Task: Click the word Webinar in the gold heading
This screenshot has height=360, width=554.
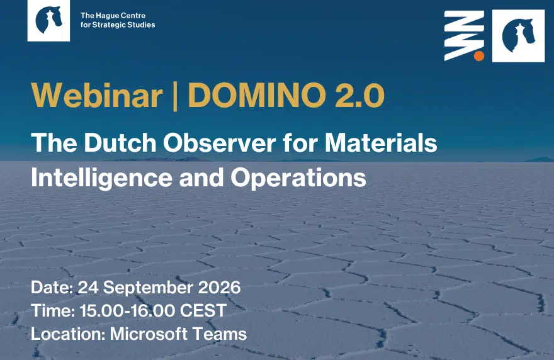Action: point(97,96)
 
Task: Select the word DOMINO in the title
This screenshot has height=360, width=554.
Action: point(256,96)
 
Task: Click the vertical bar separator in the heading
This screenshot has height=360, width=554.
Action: point(175,96)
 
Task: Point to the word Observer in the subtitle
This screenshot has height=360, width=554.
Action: point(219,143)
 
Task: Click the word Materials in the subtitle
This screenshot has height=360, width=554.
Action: point(381,143)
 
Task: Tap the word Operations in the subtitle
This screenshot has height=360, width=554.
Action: point(298,177)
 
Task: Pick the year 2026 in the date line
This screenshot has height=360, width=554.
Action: point(219,287)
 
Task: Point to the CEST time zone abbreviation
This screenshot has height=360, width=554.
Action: point(203,310)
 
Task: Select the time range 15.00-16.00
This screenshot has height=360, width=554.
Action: point(127,310)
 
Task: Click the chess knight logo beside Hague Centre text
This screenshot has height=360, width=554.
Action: point(48,21)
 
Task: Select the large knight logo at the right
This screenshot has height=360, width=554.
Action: point(518,36)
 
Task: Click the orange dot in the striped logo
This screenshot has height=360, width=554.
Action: point(478,56)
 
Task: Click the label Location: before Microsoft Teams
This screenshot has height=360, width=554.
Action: point(68,334)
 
